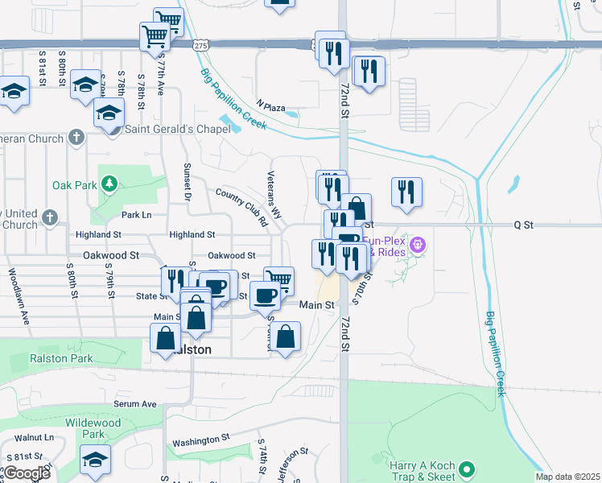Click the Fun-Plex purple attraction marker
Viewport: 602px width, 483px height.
click(x=417, y=244)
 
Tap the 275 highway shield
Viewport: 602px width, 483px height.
click(x=200, y=47)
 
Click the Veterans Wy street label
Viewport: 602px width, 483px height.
click(x=274, y=194)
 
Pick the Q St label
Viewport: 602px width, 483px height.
click(x=523, y=226)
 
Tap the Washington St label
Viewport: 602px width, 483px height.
click(x=201, y=440)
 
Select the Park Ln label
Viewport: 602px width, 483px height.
click(x=136, y=215)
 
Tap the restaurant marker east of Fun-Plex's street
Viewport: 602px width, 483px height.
click(x=407, y=192)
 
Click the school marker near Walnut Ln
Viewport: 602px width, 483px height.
click(x=96, y=460)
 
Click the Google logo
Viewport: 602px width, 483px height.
click(x=26, y=473)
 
